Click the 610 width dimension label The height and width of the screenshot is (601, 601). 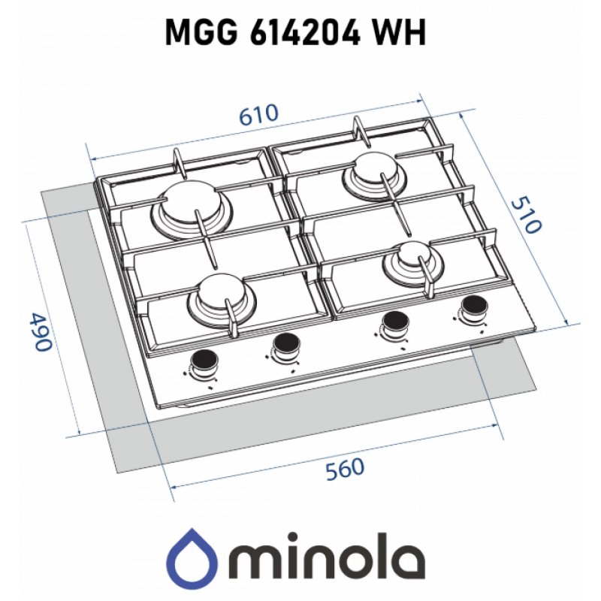coord(258,114)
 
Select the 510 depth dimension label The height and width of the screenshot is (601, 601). coord(527,215)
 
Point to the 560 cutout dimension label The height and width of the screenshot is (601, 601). coord(345,469)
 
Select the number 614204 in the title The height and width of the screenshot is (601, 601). coord(305,32)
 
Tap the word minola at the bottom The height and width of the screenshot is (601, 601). coord(329,555)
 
